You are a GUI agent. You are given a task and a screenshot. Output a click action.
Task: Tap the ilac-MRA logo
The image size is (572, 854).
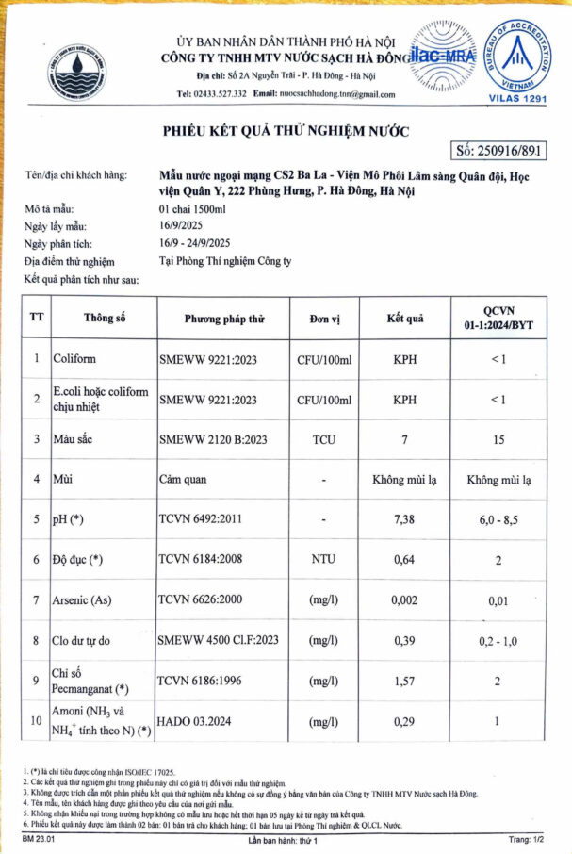pos(443,56)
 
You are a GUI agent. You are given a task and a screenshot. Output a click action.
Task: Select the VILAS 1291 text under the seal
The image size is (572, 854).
pos(517,97)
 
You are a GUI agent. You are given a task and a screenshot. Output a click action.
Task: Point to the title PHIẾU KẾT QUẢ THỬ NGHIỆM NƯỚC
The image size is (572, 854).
pos(286,130)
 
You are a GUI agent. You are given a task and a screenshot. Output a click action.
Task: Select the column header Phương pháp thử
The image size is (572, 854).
pos(223,318)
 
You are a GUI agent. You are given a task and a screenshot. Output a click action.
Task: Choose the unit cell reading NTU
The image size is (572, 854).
pos(323,559)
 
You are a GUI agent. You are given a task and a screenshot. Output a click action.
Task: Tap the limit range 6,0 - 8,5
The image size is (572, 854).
pos(505,518)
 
